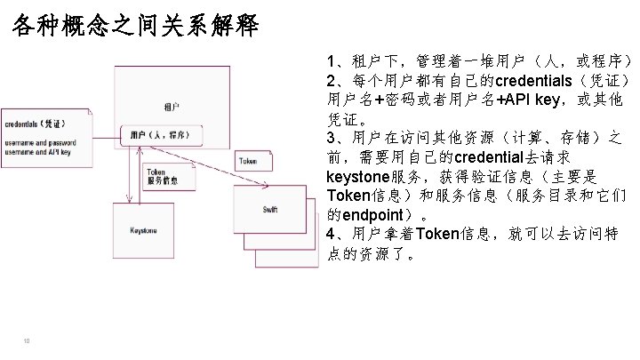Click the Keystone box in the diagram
click(x=144, y=230)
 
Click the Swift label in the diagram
click(x=269, y=210)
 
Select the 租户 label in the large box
click(x=170, y=107)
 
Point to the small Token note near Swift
click(x=247, y=161)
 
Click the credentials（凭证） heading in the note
click(x=33, y=124)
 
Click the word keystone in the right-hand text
click(x=358, y=176)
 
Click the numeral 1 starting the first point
click(x=332, y=61)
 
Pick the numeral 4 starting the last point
click(x=332, y=235)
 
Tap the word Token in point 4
click(x=436, y=235)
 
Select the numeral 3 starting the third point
click(x=332, y=138)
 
